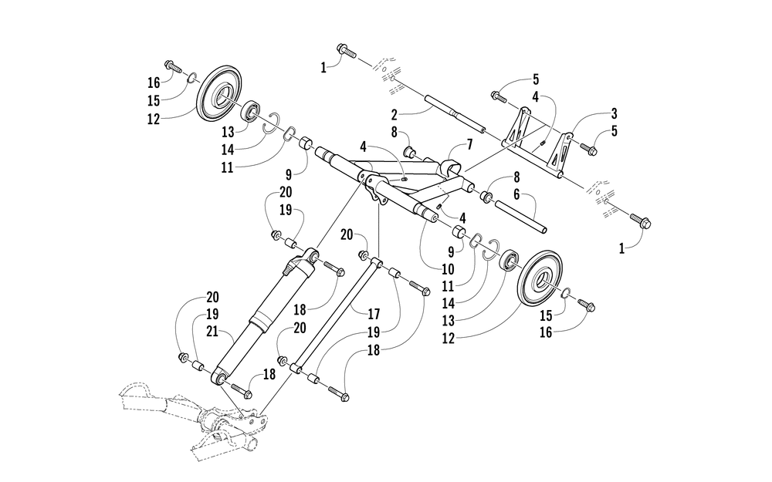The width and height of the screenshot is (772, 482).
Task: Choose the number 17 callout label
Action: click(375, 314)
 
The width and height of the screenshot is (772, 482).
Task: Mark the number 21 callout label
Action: click(213, 334)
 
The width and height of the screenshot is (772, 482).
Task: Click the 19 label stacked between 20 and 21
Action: click(213, 315)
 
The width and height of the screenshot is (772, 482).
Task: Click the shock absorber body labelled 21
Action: click(259, 317)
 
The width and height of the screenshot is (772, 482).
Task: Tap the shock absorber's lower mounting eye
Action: click(218, 377)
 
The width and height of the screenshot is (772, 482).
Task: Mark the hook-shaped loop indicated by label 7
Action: click(451, 167)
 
